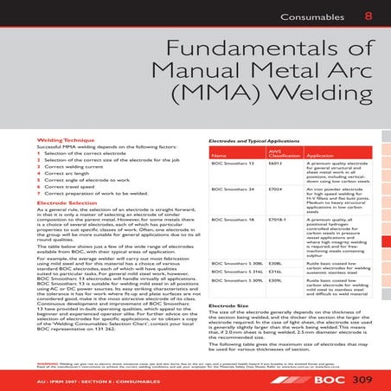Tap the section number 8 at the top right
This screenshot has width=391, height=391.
click(369, 15)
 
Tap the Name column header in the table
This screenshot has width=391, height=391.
click(219, 155)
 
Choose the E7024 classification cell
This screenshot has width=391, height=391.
click(277, 187)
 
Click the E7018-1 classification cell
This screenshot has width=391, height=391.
click(279, 221)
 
